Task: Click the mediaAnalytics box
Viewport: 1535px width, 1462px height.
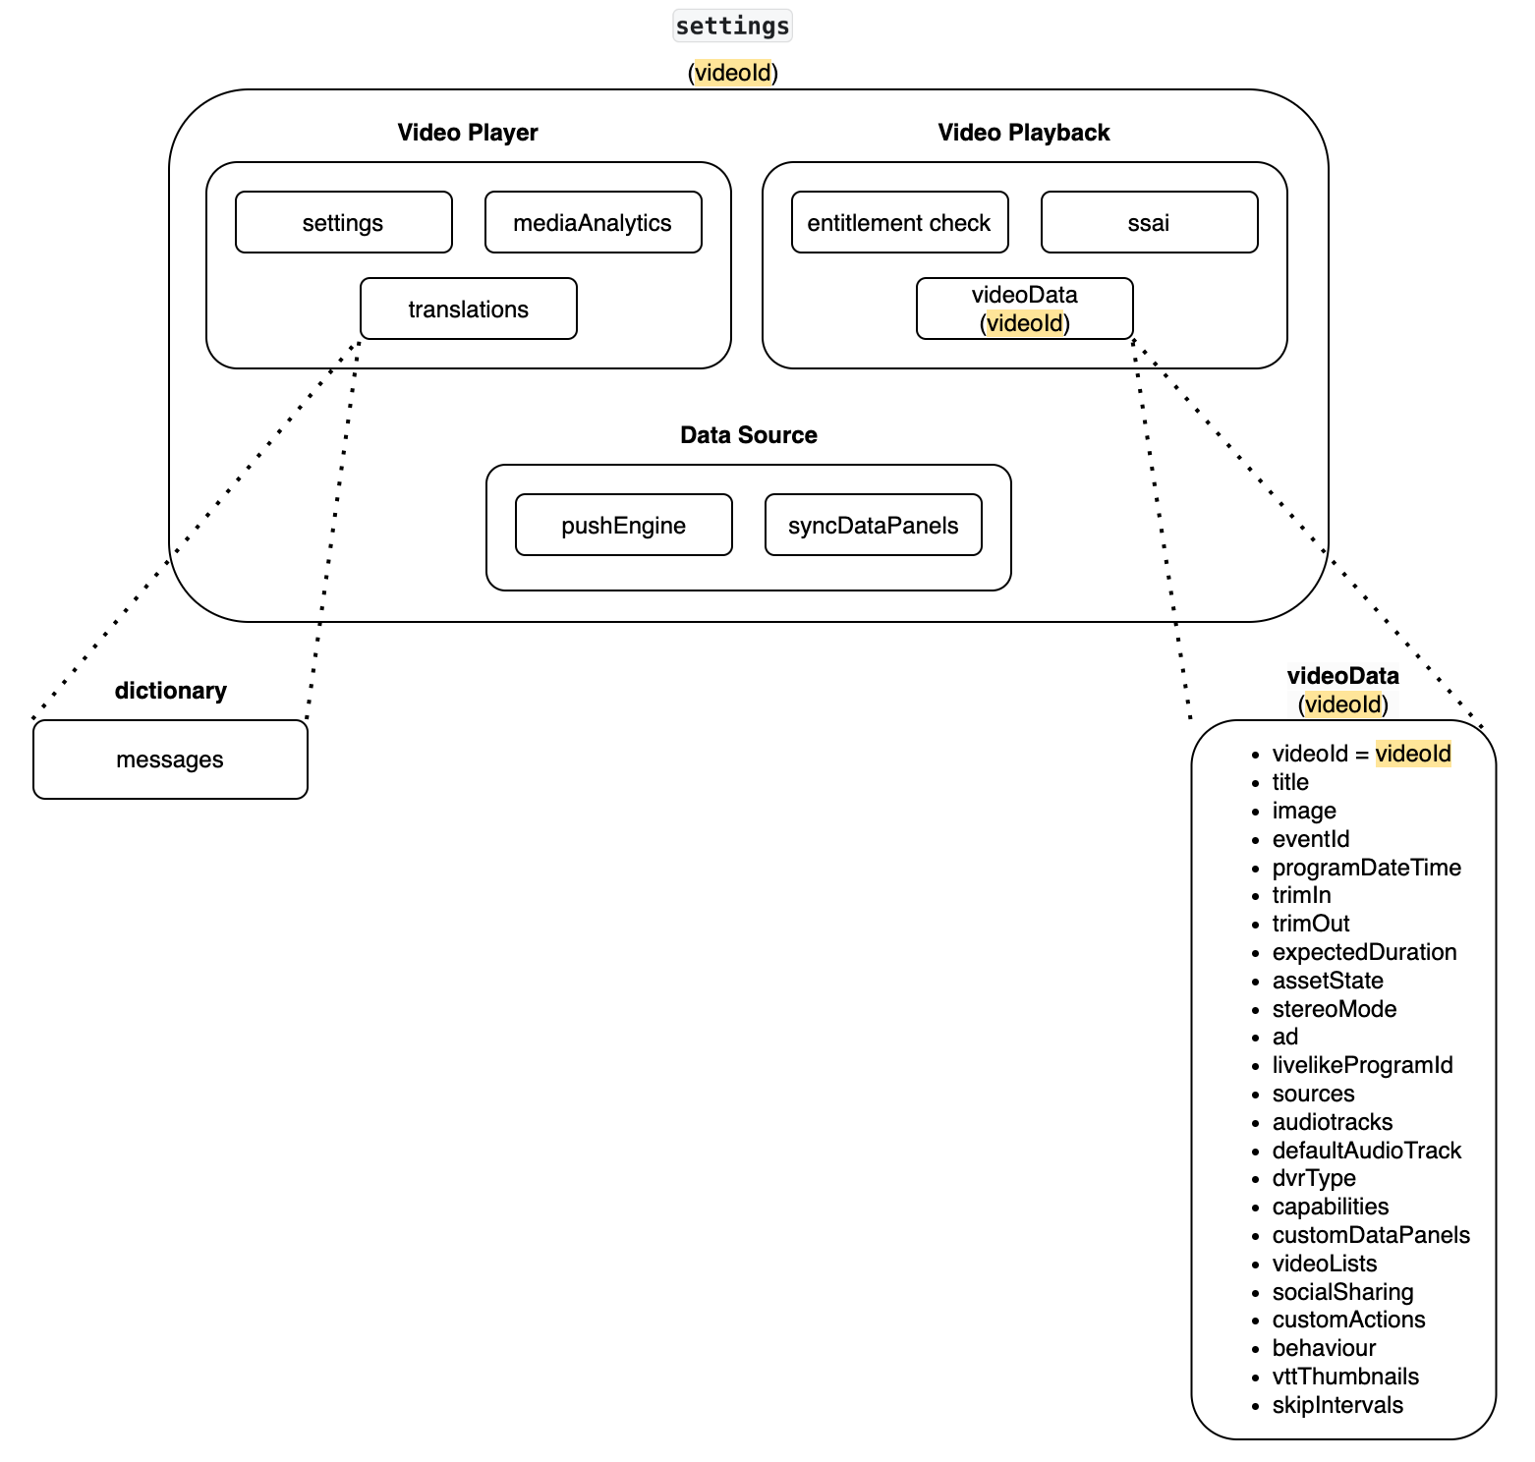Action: click(x=593, y=222)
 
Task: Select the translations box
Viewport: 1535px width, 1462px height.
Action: click(x=468, y=309)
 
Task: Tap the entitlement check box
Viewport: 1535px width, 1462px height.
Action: click(x=899, y=222)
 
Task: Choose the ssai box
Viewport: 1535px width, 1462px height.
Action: click(x=1149, y=222)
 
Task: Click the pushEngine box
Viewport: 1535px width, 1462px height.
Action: click(x=623, y=525)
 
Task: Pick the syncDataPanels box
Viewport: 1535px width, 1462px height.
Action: click(x=873, y=525)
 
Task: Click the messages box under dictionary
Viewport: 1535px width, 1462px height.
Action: click(x=170, y=759)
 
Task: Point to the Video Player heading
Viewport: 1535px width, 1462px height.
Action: click(x=468, y=133)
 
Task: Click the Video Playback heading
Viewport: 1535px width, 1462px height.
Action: click(x=1024, y=133)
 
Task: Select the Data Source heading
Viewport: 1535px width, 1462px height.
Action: click(x=749, y=435)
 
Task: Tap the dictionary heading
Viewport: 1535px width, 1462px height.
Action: click(x=170, y=691)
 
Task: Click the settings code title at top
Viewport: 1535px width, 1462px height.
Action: click(x=732, y=26)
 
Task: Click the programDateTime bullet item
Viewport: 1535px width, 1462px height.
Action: click(x=1366, y=868)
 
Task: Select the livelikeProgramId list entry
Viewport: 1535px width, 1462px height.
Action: click(x=1362, y=1065)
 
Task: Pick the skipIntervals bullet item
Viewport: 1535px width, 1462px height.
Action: click(x=1337, y=1405)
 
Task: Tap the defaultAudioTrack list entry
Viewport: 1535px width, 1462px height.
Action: click(x=1366, y=1151)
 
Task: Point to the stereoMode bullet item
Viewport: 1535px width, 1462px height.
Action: click(x=1334, y=1009)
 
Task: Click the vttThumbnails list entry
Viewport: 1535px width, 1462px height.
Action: click(x=1345, y=1377)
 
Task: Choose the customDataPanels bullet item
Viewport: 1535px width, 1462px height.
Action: click(x=1371, y=1235)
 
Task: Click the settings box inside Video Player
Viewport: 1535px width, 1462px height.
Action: click(x=343, y=222)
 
